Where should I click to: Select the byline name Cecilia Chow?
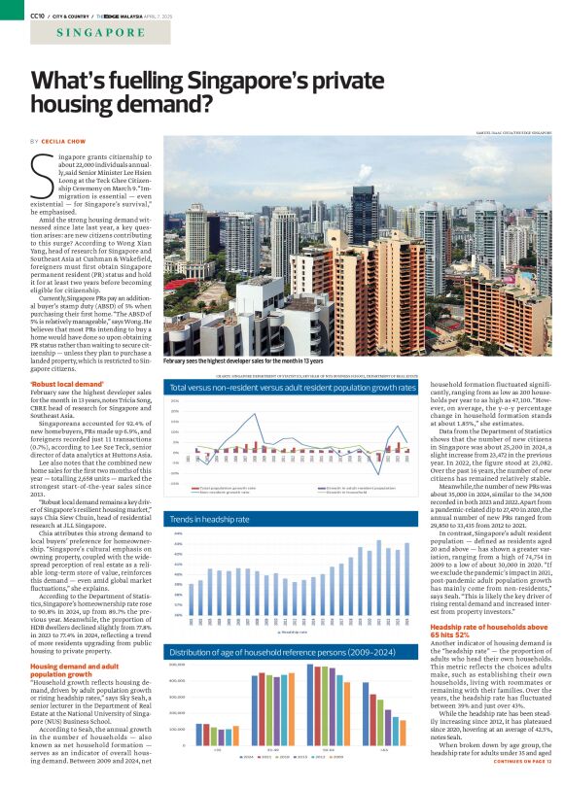(x=64, y=142)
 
